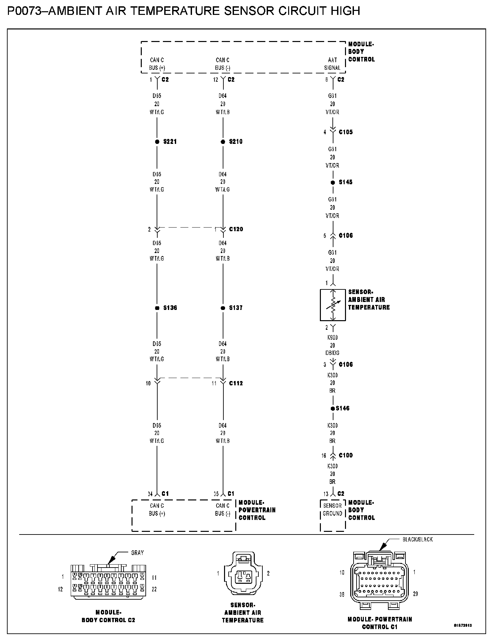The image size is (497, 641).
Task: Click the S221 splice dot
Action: pyautogui.click(x=157, y=142)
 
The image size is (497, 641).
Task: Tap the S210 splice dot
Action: pyautogui.click(x=223, y=142)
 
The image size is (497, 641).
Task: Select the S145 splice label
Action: pyautogui.click(x=346, y=182)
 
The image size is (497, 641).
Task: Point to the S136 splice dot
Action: pyautogui.click(x=157, y=308)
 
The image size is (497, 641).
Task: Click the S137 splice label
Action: pyautogui.click(x=236, y=308)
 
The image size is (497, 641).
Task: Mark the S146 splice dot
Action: pyautogui.click(x=332, y=408)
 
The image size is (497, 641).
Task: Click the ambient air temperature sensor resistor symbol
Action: pyautogui.click(x=333, y=305)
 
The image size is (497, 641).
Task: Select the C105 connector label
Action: pyautogui.click(x=346, y=132)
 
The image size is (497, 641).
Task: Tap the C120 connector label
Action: pyautogui.click(x=236, y=229)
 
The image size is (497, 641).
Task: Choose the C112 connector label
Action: pyautogui.click(x=236, y=383)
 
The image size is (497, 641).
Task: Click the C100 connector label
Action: pyautogui.click(x=346, y=455)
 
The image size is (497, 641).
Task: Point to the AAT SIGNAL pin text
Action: pyautogui.click(x=332, y=64)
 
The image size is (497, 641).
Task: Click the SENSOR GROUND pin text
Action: pyautogui.click(x=332, y=510)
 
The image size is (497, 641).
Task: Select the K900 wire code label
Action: pyautogui.click(x=332, y=338)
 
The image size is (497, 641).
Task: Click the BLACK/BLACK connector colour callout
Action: pyautogui.click(x=417, y=539)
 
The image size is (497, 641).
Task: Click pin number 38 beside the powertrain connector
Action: pyautogui.click(x=342, y=594)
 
